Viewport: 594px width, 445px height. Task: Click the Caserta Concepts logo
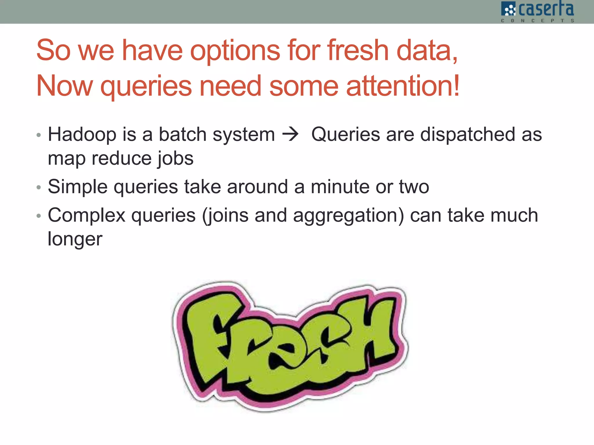[x=537, y=12]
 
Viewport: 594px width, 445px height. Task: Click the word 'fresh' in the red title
[x=358, y=51]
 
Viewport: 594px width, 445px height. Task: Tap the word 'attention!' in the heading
[x=403, y=86]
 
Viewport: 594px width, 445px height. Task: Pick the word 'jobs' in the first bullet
[x=175, y=159]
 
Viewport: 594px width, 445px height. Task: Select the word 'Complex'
[x=86, y=216]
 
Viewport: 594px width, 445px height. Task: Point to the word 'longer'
[x=75, y=239]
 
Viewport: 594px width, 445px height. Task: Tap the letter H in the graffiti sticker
[x=374, y=327]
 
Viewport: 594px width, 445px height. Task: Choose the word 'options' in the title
[x=235, y=51]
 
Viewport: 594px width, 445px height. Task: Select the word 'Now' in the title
[x=64, y=86]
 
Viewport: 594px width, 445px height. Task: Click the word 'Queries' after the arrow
[x=345, y=135]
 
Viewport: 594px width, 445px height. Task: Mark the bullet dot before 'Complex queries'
[x=39, y=216]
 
